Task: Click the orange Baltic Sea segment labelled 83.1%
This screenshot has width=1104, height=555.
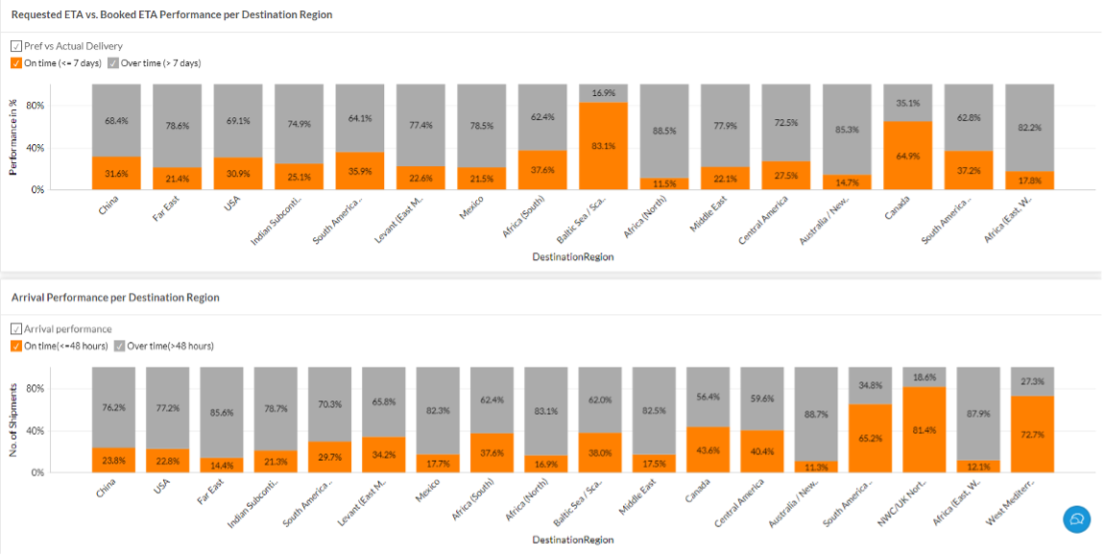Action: pyautogui.click(x=603, y=146)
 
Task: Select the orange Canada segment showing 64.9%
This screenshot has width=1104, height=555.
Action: pyautogui.click(x=907, y=155)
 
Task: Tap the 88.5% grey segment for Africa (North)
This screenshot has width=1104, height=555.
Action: pyautogui.click(x=664, y=131)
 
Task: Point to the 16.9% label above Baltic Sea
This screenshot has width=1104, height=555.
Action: pyautogui.click(x=603, y=93)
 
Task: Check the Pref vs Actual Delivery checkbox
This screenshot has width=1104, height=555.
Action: pyautogui.click(x=16, y=45)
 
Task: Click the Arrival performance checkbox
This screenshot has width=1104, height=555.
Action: pyautogui.click(x=16, y=328)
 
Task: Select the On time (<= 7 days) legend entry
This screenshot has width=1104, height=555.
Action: pyautogui.click(x=58, y=62)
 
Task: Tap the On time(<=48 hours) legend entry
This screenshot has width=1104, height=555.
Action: pyautogui.click(x=60, y=346)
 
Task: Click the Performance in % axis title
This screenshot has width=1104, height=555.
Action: pyautogui.click(x=13, y=136)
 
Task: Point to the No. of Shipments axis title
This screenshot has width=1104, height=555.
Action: pyautogui.click(x=13, y=419)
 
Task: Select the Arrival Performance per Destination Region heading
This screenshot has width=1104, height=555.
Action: pyautogui.click(x=115, y=298)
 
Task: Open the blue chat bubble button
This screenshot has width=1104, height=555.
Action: pyautogui.click(x=1077, y=519)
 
